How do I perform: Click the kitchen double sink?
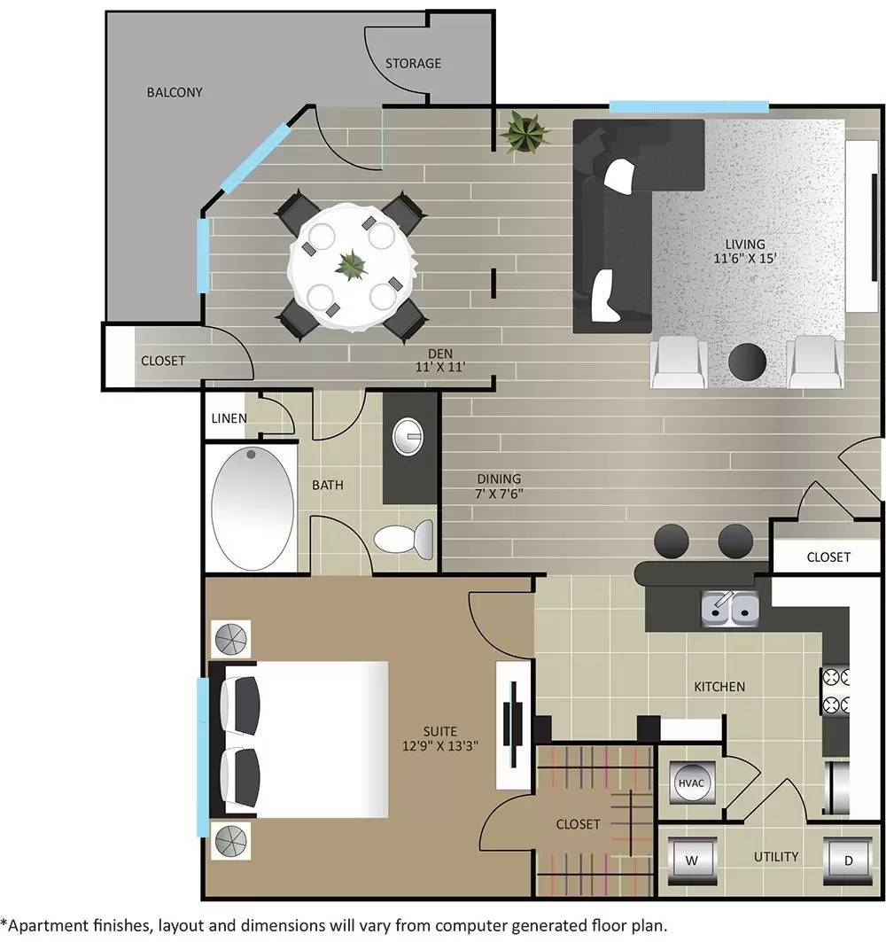coord(729,607)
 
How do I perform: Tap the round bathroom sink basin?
coord(409,434)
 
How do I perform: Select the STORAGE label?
coord(413,64)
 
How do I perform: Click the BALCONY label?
coord(175,92)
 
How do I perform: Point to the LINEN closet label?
coord(229,418)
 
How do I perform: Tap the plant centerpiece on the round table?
coord(352,264)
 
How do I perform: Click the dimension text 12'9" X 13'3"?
coord(439,746)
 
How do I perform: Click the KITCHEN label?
coord(719,686)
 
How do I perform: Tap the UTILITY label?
coord(776,856)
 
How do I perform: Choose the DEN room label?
coord(440,352)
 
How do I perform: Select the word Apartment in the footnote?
coord(43,923)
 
